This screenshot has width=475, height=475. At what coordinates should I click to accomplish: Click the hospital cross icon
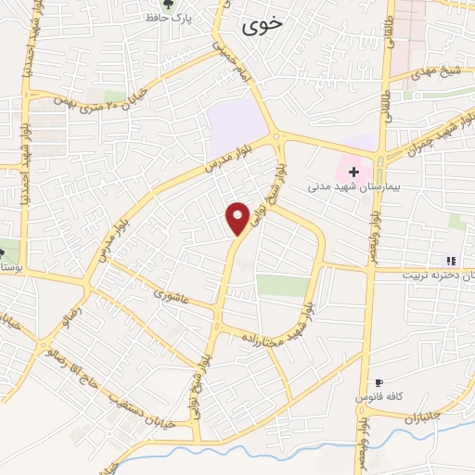click(x=353, y=172)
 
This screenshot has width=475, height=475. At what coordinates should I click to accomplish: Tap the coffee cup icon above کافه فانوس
click(x=378, y=383)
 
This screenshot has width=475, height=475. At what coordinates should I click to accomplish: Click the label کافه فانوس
click(x=377, y=397)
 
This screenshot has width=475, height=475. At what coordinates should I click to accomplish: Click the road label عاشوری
click(x=172, y=296)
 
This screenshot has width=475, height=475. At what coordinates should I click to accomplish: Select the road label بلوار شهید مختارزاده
click(x=278, y=334)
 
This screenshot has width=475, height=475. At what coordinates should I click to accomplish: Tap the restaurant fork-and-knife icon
click(x=452, y=261)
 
